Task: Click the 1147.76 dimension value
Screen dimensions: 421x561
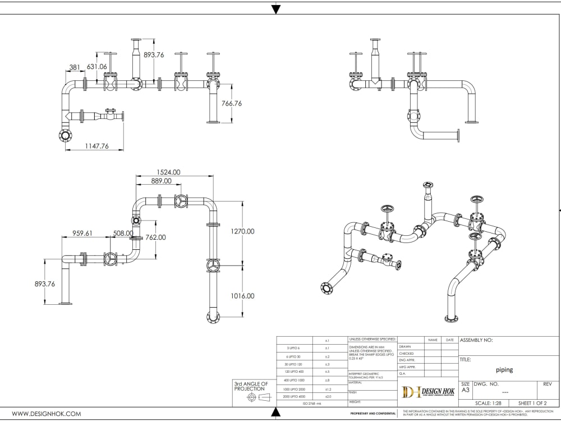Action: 96,147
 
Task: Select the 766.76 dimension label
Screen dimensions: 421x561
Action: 231,103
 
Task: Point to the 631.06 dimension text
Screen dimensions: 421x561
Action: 96,67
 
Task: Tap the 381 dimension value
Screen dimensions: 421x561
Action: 75,67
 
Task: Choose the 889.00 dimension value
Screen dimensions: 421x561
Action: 162,181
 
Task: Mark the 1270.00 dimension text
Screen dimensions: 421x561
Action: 242,231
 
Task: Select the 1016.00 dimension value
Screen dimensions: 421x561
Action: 242,295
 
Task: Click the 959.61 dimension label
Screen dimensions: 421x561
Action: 82,233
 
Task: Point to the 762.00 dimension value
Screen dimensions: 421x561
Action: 155,237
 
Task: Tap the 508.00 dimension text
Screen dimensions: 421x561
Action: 123,233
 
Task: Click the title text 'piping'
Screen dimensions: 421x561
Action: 504,370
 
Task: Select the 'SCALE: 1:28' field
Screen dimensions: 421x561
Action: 488,403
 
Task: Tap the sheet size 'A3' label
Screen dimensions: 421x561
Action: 465,390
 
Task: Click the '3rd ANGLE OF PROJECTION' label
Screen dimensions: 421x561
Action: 251,386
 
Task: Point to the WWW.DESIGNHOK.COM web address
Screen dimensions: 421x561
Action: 47,414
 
